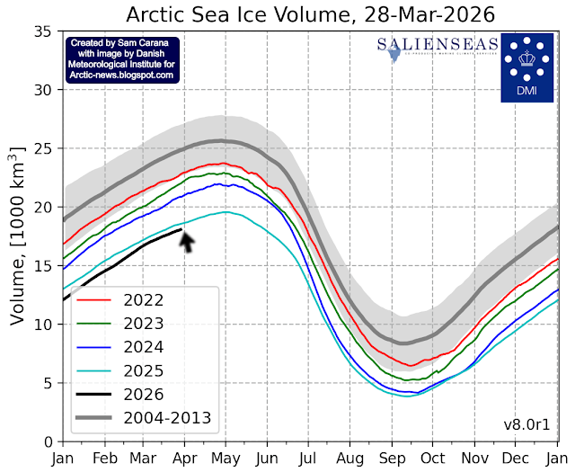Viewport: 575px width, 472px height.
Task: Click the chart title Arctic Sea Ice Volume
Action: [x=311, y=14]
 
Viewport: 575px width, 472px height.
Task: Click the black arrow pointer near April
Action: [x=187, y=241]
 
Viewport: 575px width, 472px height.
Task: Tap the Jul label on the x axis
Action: [x=310, y=457]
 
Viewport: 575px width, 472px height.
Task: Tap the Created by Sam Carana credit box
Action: [x=121, y=59]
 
